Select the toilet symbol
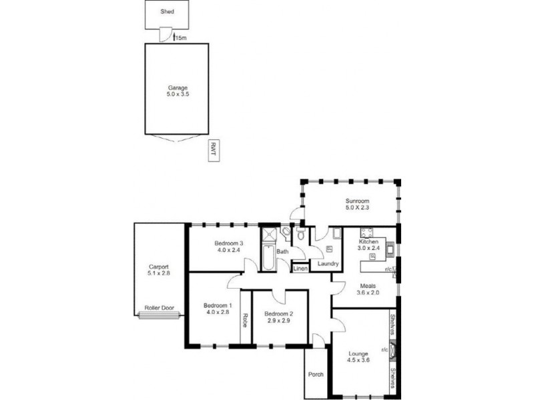tap(301, 235)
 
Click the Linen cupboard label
tap(300, 269)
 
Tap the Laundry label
tap(328, 264)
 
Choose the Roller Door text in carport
tap(159, 308)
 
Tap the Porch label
tap(316, 374)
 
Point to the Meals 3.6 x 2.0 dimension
tap(368, 291)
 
